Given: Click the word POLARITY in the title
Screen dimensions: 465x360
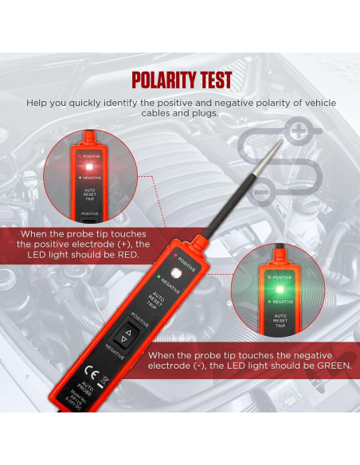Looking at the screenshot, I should point(162,80).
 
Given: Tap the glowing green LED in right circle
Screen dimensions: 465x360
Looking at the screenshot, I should point(272,278).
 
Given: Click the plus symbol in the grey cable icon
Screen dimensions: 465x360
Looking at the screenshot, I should point(296,131).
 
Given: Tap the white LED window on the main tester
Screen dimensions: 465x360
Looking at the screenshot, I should point(192,275).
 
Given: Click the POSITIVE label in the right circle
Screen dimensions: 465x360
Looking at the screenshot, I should point(280,278).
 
